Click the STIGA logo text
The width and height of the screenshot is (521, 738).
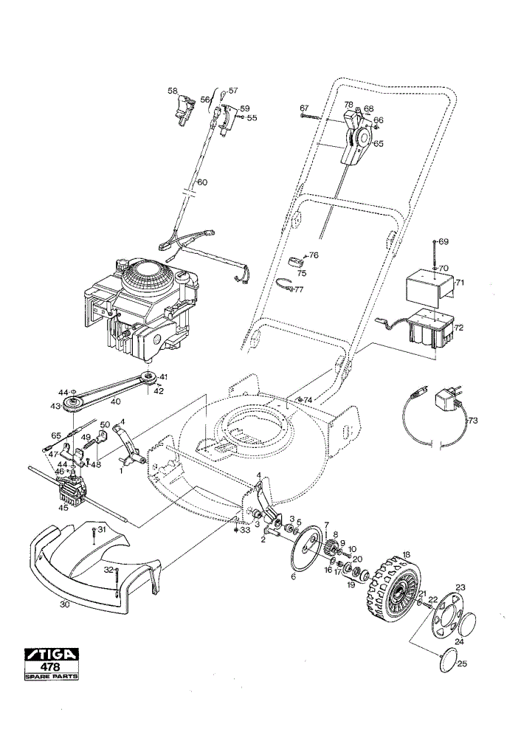[x=52, y=655]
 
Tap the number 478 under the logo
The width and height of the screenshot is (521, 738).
[x=52, y=667]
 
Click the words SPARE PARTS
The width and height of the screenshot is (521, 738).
[x=52, y=677]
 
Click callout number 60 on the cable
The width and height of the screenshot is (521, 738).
[x=202, y=182]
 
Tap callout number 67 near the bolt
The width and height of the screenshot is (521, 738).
[x=304, y=108]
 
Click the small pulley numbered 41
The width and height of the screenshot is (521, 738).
[x=149, y=377]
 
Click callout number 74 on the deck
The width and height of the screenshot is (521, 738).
[x=308, y=399]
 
